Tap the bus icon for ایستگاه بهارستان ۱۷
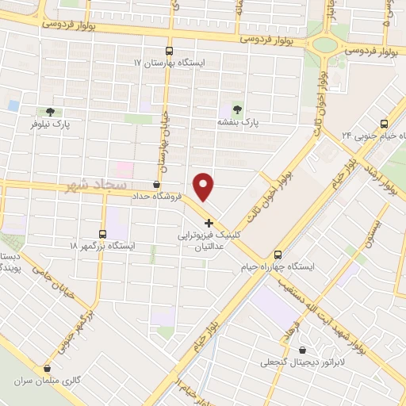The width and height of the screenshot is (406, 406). pos(168,49)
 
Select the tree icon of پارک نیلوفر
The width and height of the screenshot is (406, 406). pos(51,112)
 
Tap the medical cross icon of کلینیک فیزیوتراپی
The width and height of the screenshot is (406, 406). pos(209,223)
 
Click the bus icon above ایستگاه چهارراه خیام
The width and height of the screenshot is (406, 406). pos(278,255)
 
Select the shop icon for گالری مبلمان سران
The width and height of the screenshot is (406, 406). pos(49,367)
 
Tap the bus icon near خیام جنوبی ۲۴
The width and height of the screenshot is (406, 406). pos(385,124)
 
